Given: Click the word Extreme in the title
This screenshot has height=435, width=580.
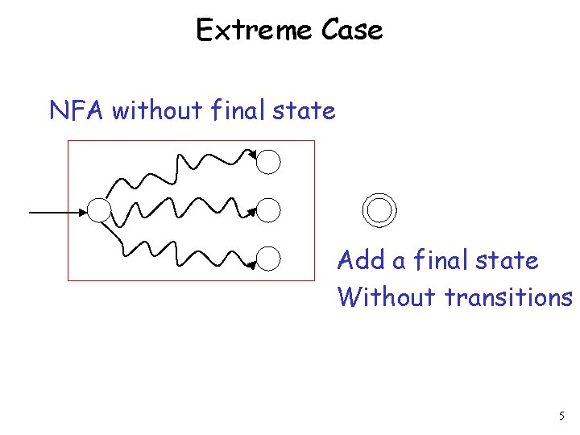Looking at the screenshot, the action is pos(254,31).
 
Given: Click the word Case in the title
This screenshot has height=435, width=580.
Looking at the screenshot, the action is pos(351,31).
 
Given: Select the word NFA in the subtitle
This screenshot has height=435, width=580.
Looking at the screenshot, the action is pos(77,110).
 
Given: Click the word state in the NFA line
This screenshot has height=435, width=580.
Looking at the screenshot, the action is pos(304,110).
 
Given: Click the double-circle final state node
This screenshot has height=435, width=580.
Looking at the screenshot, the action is pos(379,210).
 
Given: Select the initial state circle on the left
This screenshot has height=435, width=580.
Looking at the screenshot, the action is pos(99,211).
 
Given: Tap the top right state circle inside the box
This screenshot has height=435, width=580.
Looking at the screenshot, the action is pos(269,162).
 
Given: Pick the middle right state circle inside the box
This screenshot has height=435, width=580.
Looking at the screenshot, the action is pos(269,211).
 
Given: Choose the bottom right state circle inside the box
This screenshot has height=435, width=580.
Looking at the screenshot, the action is pos(269,259).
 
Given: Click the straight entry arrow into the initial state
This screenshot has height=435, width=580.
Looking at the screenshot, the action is pos(56,212).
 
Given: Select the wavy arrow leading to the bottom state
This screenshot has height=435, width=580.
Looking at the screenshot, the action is pos(185,254).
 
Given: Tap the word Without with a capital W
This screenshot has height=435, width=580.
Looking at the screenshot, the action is pos(388,297).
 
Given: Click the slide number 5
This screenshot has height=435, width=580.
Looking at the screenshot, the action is pos(561,416).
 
